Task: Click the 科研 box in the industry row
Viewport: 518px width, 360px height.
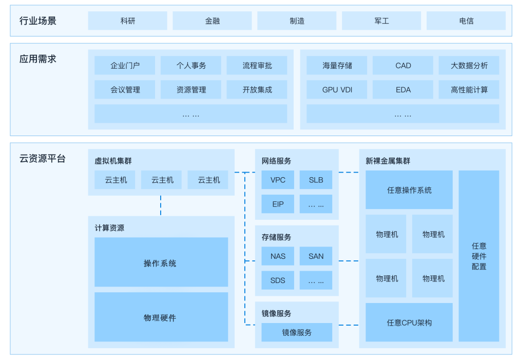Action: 127,21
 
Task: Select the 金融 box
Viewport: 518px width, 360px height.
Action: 212,21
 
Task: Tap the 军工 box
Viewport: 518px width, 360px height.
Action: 381,21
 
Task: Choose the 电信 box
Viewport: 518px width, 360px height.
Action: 466,21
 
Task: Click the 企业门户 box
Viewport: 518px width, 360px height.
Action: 125,66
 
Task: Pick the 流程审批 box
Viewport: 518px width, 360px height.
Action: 257,66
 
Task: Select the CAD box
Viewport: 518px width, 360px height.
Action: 403,66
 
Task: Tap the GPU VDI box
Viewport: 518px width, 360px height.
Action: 337,90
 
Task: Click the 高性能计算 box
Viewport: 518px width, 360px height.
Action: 469,90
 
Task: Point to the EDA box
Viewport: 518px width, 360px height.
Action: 403,90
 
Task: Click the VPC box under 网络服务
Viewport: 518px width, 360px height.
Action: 278,180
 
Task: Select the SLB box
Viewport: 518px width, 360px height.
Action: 316,180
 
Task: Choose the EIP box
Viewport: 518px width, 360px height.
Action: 278,204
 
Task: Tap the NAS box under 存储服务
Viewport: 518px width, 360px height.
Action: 278,256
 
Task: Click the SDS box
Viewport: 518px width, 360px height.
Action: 278,280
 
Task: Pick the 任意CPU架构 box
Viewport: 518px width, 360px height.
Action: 409,323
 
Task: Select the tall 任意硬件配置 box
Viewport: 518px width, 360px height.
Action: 478,256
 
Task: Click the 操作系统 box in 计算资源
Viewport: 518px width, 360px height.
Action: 161,262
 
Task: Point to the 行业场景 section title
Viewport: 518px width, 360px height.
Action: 38,21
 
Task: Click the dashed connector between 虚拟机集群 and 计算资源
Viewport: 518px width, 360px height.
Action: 161,205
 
